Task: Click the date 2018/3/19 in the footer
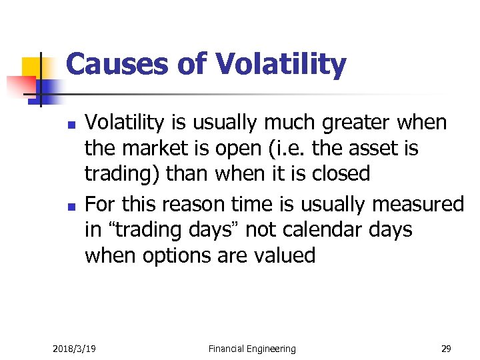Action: (x=74, y=349)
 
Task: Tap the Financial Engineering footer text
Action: (x=251, y=349)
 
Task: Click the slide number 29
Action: (x=445, y=349)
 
